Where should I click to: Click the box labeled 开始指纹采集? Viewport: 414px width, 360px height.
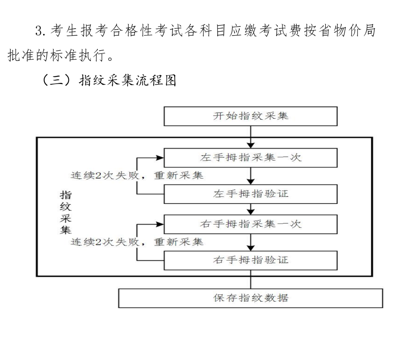coord(251,116)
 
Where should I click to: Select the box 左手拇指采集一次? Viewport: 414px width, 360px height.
coord(251,158)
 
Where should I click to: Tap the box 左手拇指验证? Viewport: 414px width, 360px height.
coord(251,194)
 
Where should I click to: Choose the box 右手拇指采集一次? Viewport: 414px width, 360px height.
coord(251,224)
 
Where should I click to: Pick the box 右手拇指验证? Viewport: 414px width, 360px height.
coord(251,260)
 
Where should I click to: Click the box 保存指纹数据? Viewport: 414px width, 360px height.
coord(251,298)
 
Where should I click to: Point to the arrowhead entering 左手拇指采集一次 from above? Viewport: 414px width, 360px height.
coord(251,145)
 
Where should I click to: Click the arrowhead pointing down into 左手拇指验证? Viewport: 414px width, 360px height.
coord(251,182)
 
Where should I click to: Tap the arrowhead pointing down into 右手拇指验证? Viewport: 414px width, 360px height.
coord(251,248)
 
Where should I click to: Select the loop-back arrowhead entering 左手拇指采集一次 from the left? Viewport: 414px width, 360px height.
coord(160,158)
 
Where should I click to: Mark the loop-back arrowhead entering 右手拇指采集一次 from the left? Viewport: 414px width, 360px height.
coord(160,225)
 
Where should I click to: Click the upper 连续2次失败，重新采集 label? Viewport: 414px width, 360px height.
coord(137,175)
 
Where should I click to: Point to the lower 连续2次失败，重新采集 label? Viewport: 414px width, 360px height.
coord(137,242)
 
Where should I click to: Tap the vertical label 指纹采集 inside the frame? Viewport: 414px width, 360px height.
coord(66,212)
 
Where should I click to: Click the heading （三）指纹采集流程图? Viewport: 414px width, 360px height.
coord(109,80)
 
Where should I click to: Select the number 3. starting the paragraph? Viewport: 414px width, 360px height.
coord(41,31)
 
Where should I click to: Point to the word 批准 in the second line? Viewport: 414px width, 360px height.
coord(21,55)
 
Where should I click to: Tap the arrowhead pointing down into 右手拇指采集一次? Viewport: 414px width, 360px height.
coord(251,212)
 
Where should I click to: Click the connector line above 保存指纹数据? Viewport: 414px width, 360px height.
coord(251,279)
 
